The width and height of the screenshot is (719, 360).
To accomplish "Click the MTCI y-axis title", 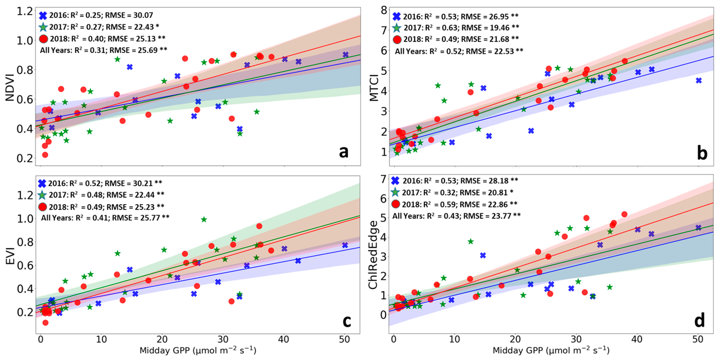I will (x=374, y=87).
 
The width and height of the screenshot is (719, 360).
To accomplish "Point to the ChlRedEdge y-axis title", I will (x=373, y=255).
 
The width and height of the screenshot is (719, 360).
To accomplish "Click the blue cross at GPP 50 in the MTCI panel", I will (x=699, y=80).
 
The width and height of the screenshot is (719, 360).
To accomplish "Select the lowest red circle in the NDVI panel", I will (x=45, y=155).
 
